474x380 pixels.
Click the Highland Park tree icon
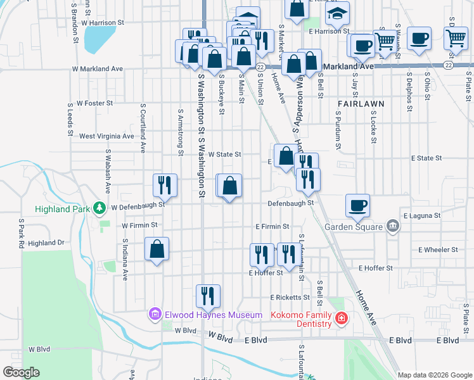pos(99,208)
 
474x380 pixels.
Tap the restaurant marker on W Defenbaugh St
pos(165,186)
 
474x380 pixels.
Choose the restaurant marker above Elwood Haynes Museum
pos(207,295)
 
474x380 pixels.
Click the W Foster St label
pos(94,103)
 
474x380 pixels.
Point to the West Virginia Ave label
pos(106,136)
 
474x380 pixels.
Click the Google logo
pos(21,372)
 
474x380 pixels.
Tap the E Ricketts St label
pos(290,296)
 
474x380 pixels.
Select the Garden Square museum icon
pos(392,226)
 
